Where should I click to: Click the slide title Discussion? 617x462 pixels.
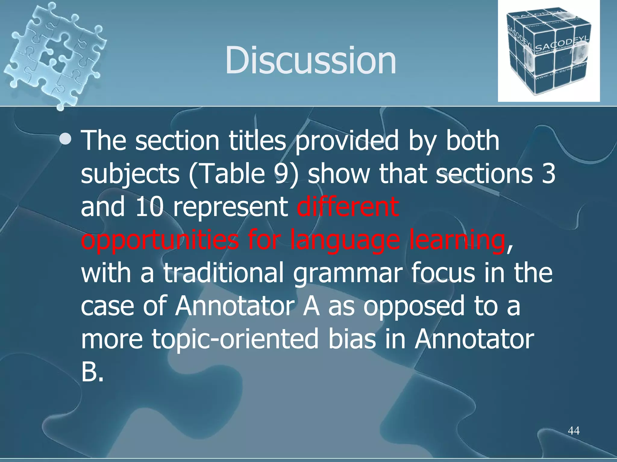tap(310, 60)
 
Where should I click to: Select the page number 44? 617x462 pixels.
tap(573, 431)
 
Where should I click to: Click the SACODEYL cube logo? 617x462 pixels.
tap(548, 51)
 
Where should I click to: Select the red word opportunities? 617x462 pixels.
tap(160, 241)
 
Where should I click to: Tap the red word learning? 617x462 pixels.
tap(456, 241)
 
